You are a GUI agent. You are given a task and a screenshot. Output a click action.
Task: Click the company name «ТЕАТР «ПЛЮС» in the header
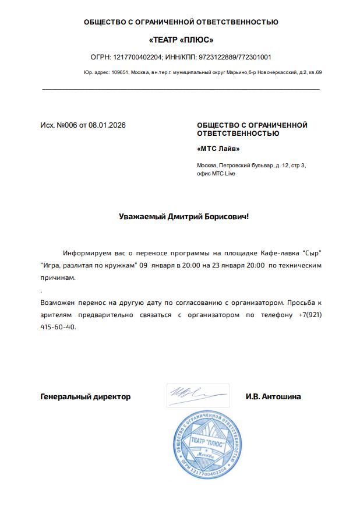181,40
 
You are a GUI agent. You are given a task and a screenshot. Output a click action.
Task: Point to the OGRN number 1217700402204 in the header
137,57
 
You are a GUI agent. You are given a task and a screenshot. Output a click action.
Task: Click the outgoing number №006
67,125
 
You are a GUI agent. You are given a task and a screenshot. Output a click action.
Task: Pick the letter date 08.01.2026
107,125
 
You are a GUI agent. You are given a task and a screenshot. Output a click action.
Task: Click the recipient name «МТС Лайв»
218,149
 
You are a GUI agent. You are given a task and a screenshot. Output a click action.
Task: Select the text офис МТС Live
216,174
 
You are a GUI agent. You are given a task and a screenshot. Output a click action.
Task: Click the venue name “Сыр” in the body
312,253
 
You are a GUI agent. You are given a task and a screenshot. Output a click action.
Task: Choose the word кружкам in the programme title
118,265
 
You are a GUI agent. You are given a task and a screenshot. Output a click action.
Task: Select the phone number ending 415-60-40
58,327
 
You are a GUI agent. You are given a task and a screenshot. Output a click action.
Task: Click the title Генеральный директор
85,397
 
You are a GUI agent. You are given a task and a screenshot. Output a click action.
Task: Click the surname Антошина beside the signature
282,397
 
